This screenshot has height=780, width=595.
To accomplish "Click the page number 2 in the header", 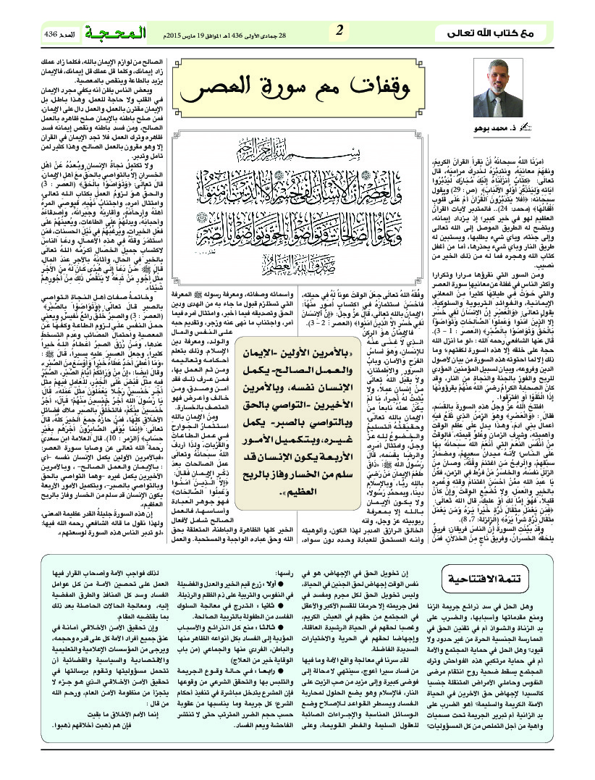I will [x=339, y=31].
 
